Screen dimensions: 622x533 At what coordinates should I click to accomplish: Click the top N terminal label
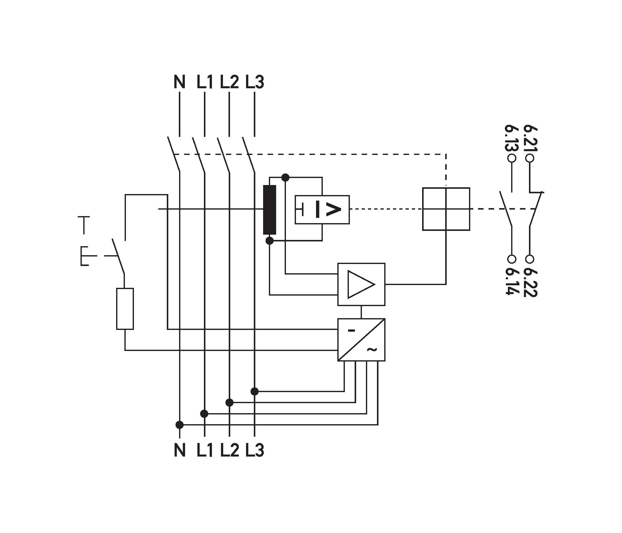(180, 82)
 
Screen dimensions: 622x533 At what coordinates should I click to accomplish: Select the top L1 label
(205, 82)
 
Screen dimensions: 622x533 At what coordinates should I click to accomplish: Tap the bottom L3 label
(255, 451)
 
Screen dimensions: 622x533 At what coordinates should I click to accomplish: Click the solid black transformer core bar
(270, 210)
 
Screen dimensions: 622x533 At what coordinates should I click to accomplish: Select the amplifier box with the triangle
(361, 285)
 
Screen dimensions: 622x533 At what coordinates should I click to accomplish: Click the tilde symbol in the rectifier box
(372, 349)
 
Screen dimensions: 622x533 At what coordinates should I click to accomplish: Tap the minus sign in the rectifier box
(351, 330)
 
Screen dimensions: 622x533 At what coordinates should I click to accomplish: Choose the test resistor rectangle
(125, 309)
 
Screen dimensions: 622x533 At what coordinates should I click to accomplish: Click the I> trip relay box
(322, 210)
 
